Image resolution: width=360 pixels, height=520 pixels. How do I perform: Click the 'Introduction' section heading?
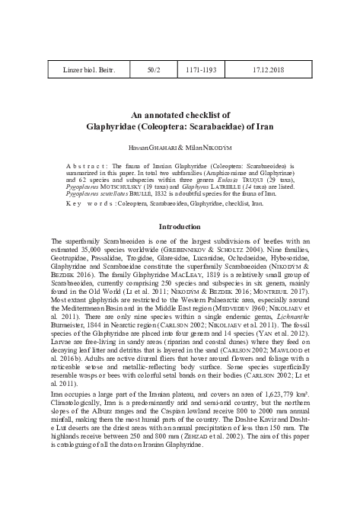point(180,227)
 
